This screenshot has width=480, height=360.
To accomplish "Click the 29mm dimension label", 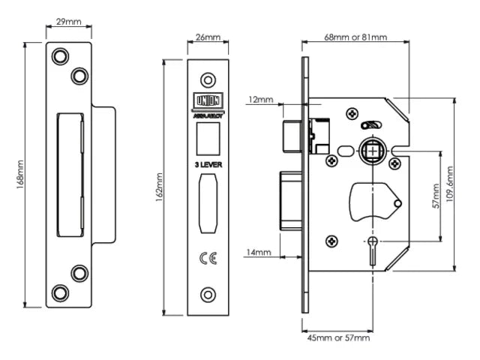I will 68,22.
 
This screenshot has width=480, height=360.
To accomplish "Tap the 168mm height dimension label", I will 21,178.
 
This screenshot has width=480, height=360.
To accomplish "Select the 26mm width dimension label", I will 208,37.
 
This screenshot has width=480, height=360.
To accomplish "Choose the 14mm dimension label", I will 259,253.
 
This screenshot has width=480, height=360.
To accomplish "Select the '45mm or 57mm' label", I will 339,338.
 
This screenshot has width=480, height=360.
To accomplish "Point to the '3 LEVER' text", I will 208,163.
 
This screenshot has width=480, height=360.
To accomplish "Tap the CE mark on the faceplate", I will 208,260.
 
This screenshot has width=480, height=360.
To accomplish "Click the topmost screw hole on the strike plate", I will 59,55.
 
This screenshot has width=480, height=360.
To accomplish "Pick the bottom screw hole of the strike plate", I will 59,292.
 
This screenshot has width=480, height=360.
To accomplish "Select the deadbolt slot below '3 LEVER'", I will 208,204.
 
